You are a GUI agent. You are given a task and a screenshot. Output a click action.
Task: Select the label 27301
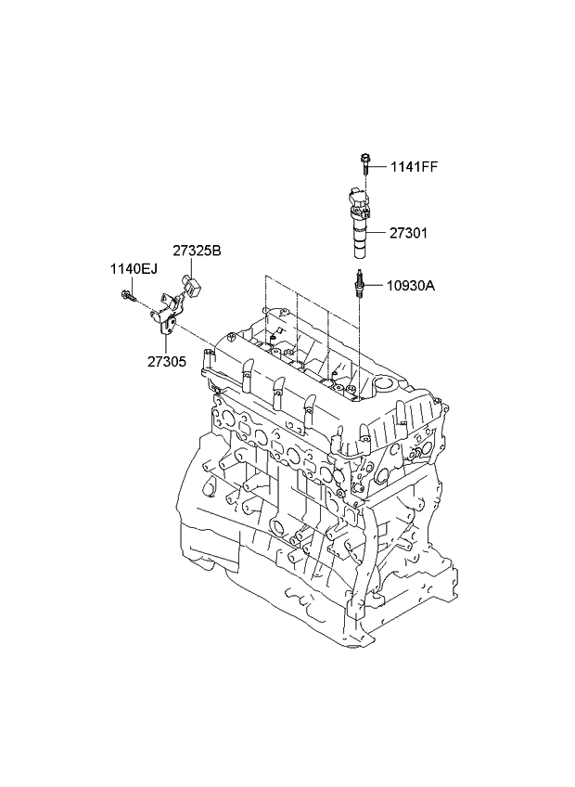409,233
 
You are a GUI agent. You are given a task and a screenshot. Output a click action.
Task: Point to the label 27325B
196,251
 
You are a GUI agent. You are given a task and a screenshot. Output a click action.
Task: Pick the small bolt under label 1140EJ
126,296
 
